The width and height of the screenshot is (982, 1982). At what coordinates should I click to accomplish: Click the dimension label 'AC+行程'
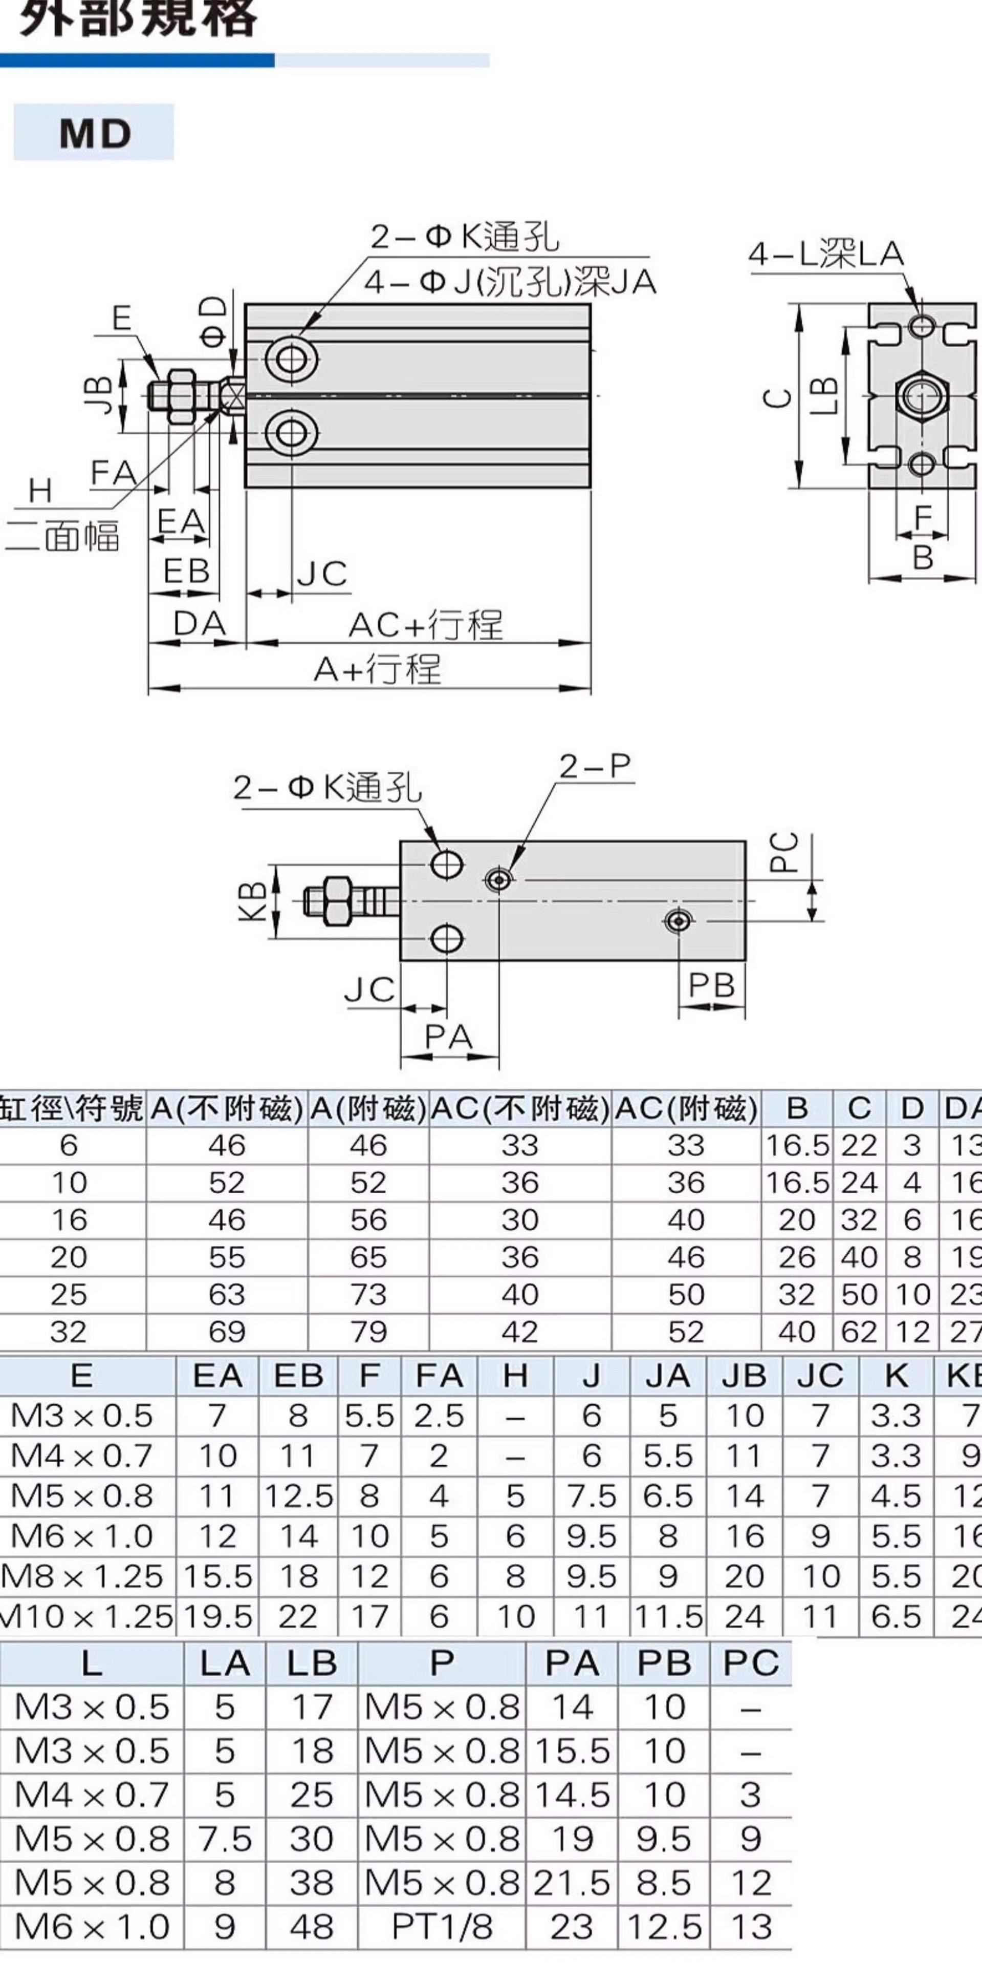pyautogui.click(x=425, y=625)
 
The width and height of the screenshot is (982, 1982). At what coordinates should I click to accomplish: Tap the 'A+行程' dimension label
pyautogui.click(x=378, y=669)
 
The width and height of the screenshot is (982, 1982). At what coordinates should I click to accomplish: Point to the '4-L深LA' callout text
pyautogui.click(x=826, y=255)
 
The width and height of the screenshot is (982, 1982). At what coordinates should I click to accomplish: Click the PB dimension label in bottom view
pyautogui.click(x=711, y=985)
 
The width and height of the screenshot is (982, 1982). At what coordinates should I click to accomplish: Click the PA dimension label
pyautogui.click(x=448, y=1037)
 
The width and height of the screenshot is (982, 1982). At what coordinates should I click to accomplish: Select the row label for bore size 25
pyautogui.click(x=69, y=1294)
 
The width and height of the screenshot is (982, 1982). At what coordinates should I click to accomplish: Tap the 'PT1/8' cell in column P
pyautogui.click(x=442, y=1927)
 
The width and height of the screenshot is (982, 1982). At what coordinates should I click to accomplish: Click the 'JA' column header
pyautogui.click(x=667, y=1376)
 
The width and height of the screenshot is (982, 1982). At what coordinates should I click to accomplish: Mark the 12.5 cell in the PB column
pyautogui.click(x=664, y=1927)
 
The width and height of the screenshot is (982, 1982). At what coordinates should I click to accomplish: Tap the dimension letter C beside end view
pyautogui.click(x=778, y=398)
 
